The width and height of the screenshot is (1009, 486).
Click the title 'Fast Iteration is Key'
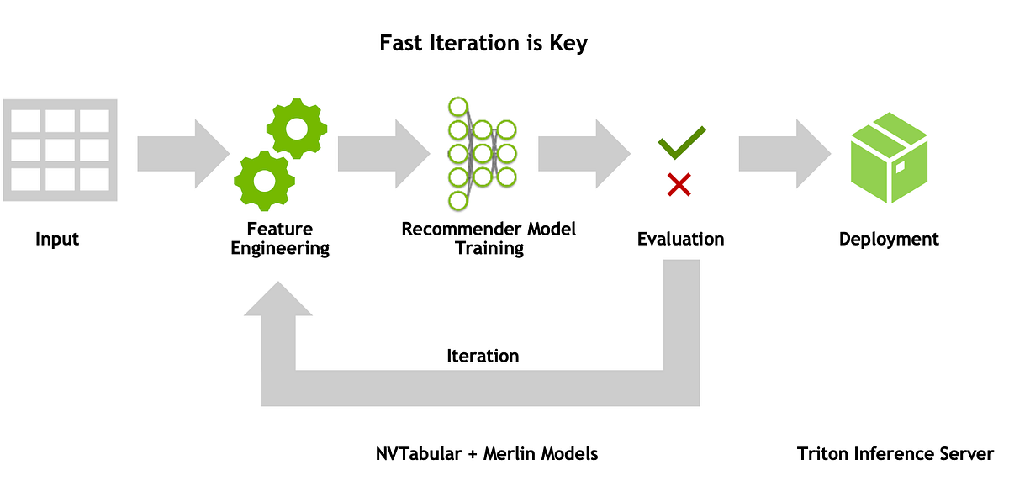click(483, 43)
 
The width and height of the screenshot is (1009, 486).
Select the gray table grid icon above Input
click(60, 151)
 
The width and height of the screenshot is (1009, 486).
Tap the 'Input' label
click(57, 240)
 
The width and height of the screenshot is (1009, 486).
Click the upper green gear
click(297, 128)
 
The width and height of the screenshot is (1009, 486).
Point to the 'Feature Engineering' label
click(280, 239)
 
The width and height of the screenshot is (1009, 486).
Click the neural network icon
click(482, 153)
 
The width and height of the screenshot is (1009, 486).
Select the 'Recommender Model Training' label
click(489, 239)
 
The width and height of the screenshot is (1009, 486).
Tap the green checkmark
click(681, 143)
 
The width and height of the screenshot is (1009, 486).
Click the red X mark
click(679, 184)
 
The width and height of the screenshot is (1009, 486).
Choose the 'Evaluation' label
click(680, 240)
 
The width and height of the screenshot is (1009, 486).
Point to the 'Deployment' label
click(889, 240)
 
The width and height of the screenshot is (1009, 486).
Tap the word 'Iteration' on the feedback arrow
click(483, 356)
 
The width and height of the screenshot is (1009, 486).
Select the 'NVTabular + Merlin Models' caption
click(487, 454)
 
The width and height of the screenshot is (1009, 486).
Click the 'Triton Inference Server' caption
click(895, 454)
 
